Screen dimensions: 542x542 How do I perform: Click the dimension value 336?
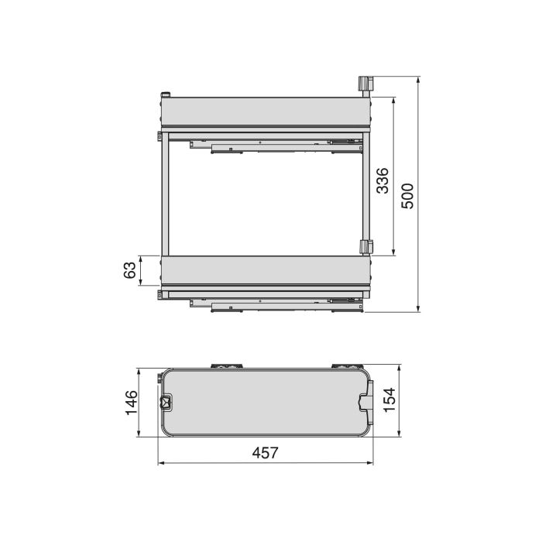coord(382,180)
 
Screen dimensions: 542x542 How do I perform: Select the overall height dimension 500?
coord(408,196)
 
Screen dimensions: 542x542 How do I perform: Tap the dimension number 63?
coord(130,270)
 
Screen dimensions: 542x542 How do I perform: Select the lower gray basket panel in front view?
coord(263,271)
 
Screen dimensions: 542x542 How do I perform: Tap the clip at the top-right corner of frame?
coord(365,84)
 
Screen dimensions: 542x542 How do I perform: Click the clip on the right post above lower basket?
coord(365,247)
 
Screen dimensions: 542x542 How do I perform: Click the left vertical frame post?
coord(164,197)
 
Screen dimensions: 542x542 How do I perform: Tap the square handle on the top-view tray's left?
coord(165,402)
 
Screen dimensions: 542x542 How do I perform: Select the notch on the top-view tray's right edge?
coord(365,401)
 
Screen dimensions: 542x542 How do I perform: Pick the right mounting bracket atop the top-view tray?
coord(342,365)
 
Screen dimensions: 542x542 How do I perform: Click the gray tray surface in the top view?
coord(263,401)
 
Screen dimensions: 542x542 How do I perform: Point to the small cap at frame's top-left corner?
coord(165,95)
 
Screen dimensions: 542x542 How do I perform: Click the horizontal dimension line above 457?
coord(266,464)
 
